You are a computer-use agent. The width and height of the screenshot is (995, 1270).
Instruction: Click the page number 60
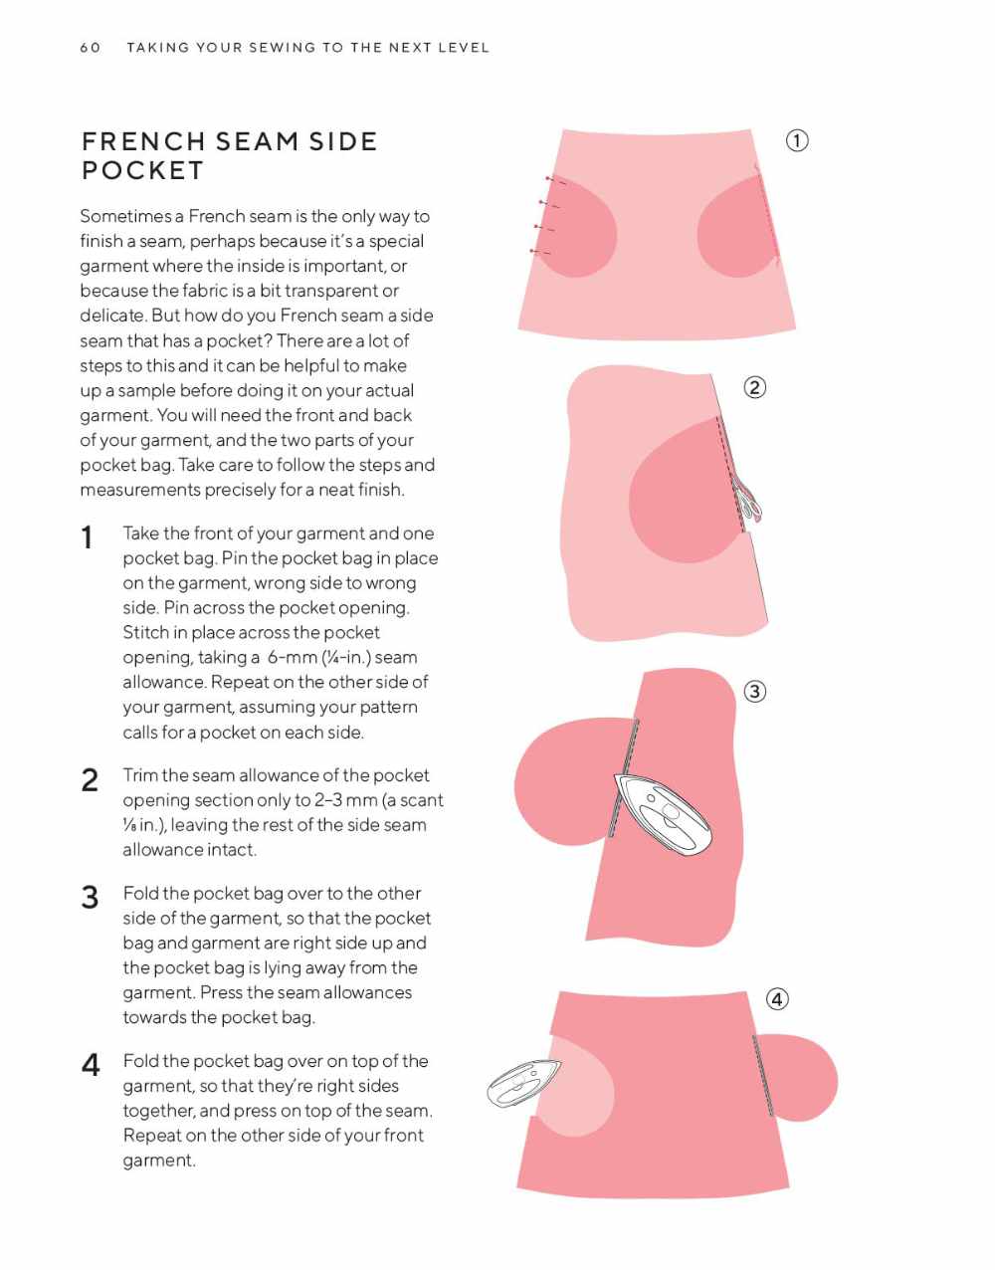90,48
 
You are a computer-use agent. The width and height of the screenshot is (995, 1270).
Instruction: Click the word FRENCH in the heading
143,141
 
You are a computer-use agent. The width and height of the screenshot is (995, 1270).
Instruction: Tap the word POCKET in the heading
142,170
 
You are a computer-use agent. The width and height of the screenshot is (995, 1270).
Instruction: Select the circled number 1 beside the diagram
797,141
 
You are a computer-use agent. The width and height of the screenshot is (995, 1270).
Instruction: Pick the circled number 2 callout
754,387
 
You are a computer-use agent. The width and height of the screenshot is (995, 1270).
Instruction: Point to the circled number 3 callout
754,692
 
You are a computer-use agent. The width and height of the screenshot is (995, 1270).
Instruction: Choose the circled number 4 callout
776,999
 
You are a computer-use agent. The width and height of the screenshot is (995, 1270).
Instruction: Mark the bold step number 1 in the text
87,538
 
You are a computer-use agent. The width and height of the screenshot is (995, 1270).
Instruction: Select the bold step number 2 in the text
90,780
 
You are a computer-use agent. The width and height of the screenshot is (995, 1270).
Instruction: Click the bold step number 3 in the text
90,898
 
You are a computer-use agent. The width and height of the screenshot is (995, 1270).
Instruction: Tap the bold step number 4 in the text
90,1065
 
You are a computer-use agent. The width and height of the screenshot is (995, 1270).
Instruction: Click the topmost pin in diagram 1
555,180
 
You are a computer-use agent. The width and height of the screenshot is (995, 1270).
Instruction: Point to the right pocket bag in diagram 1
737,226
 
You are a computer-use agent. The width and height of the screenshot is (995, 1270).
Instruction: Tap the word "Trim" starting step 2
140,775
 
